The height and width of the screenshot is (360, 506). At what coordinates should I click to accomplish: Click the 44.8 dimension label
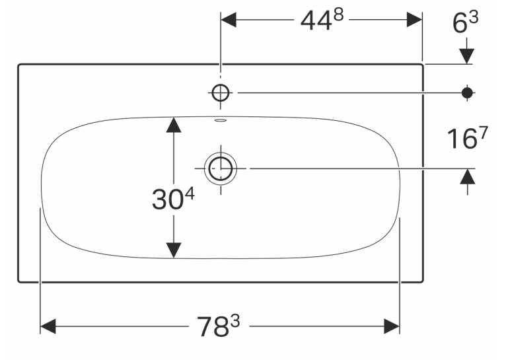[x=322, y=20]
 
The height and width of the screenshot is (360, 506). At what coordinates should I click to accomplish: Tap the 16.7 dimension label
[x=467, y=138]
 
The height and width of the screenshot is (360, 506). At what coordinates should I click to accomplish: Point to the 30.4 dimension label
[x=173, y=199]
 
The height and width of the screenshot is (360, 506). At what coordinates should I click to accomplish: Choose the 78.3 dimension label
[x=219, y=326]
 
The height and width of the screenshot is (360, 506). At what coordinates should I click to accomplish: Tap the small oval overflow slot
[x=221, y=121]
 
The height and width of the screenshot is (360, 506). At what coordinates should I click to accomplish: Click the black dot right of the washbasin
[x=467, y=93]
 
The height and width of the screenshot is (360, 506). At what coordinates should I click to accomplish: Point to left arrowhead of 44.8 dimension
[x=229, y=20]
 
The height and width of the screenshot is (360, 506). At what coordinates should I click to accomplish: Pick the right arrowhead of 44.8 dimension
[x=414, y=20]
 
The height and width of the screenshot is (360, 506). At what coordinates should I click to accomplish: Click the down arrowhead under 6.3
[x=466, y=56]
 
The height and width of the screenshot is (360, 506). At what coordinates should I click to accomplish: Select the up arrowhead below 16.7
[x=468, y=176]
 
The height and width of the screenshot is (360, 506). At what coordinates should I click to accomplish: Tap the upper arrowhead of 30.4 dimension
[x=174, y=125]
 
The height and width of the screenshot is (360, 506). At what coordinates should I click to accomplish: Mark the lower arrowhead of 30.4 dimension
[x=174, y=250]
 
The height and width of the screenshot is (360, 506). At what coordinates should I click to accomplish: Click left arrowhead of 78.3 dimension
[x=48, y=326]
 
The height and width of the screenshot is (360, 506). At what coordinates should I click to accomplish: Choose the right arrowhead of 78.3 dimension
[x=392, y=326]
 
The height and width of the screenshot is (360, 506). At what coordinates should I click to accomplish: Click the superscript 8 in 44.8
[x=338, y=15]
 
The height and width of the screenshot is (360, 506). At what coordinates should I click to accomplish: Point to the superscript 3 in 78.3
[x=236, y=321]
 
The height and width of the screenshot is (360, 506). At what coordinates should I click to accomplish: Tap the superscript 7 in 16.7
[x=484, y=132]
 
